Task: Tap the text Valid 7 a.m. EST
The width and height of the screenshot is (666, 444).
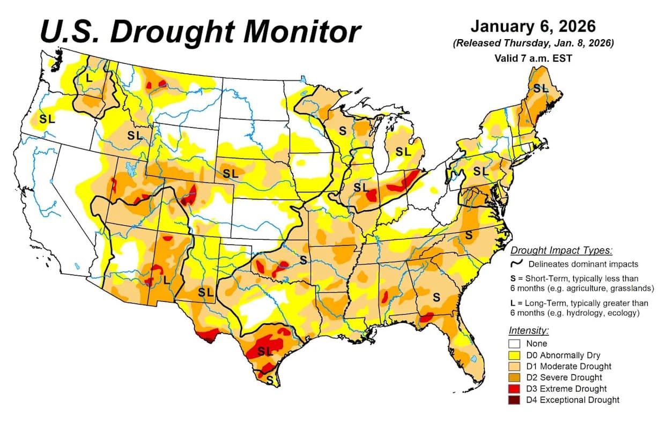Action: point(533,58)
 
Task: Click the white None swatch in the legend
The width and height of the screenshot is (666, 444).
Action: point(515,344)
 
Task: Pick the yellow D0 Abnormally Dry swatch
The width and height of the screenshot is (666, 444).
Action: point(515,355)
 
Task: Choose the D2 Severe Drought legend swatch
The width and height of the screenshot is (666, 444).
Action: point(515,378)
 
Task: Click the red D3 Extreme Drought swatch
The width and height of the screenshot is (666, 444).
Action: point(515,389)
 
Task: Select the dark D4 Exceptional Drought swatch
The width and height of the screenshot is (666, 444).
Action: point(515,400)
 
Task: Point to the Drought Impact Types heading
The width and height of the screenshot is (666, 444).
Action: point(561,250)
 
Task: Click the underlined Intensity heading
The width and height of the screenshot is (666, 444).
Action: point(528,331)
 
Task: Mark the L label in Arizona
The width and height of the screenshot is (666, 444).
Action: point(166,279)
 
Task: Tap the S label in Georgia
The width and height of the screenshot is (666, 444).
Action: point(436,297)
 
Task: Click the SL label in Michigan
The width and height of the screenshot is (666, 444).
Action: point(403,152)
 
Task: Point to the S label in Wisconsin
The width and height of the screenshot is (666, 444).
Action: point(342,130)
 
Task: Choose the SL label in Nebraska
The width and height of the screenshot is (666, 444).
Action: point(231,173)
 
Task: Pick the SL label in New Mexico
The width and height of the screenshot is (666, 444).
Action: point(205,292)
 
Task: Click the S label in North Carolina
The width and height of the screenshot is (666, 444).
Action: point(468,234)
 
